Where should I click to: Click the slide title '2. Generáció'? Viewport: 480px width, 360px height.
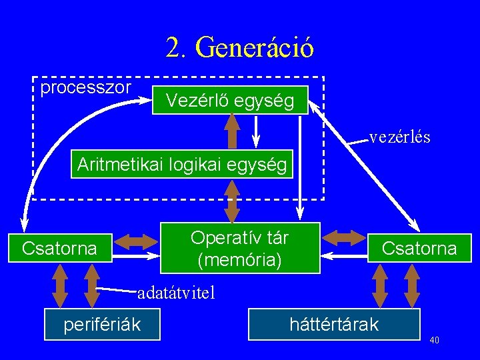pos(240,47)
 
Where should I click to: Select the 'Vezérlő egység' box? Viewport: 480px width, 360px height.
pos(230,100)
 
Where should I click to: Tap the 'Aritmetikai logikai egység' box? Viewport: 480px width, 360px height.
pos(182,164)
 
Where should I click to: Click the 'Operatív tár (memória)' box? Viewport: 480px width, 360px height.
pos(240,248)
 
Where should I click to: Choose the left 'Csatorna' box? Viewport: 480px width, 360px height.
pos(60,248)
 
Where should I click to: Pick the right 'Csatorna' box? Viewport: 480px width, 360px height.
pos(419,248)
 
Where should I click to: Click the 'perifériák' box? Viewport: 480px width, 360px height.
pos(102,325)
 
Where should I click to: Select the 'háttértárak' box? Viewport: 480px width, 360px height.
pos(334,325)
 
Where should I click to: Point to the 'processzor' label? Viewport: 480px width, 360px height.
pos(86,88)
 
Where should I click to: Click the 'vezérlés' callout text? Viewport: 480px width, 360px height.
pos(400,137)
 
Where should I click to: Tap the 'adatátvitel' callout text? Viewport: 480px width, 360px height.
pos(176,293)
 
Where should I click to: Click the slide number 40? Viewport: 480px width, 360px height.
pos(435,340)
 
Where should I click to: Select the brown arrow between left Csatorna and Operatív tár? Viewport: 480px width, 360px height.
pos(136,242)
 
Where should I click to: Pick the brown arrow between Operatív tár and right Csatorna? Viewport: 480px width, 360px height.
pos(344,238)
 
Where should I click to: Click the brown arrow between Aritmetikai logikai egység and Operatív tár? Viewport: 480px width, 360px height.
pos(232,201)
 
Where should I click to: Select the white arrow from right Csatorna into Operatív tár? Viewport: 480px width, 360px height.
pos(344,255)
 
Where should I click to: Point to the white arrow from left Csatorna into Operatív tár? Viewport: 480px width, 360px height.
pos(136,255)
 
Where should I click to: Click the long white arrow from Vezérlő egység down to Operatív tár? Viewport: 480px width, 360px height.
pos(300,168)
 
